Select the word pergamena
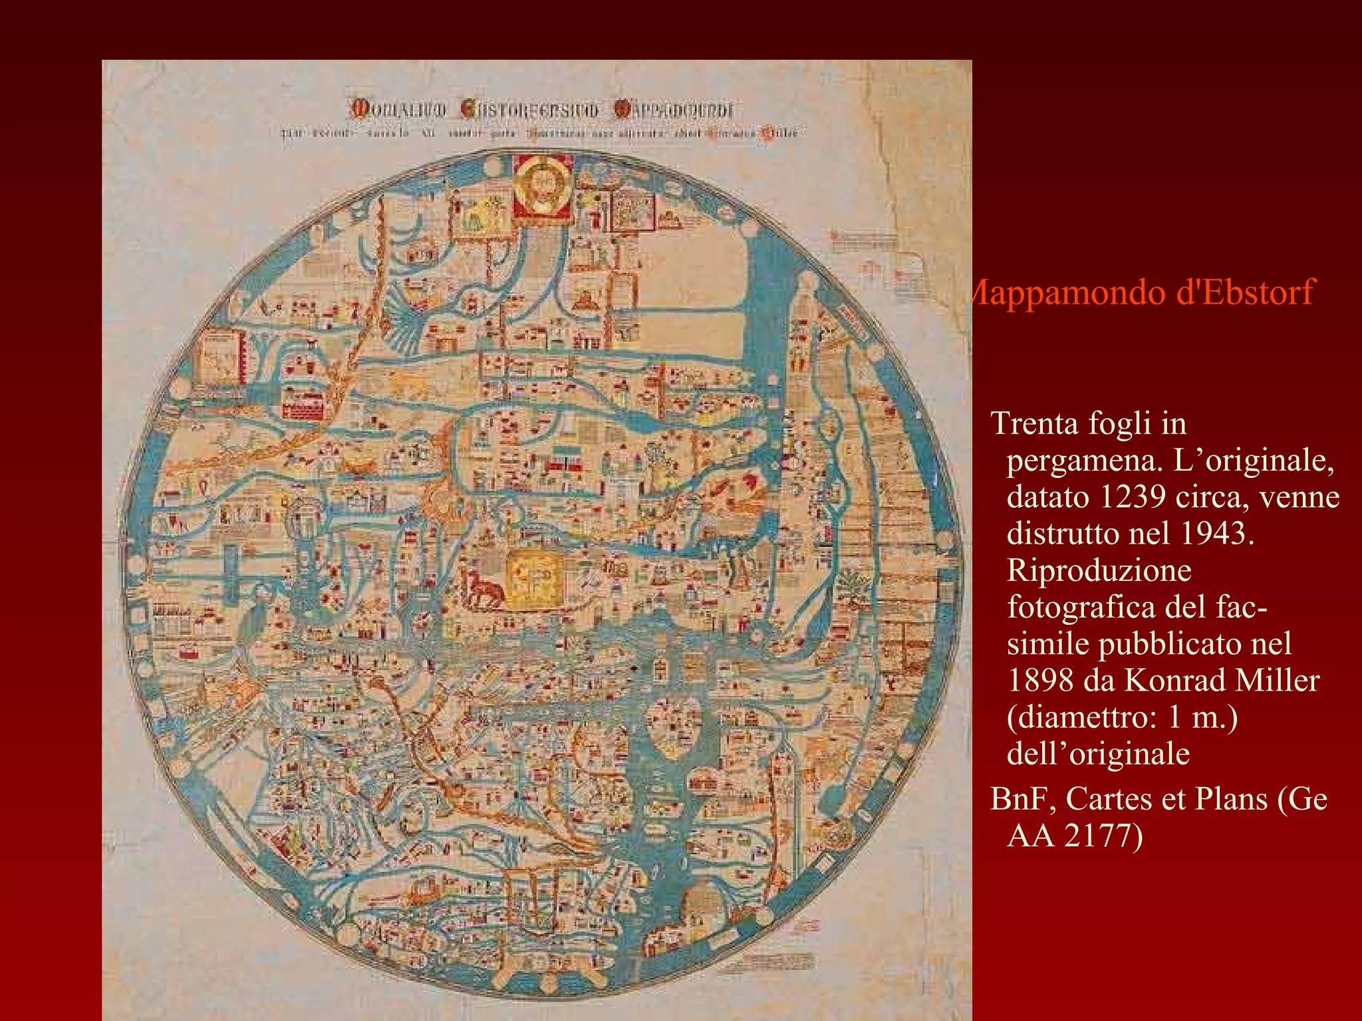1085,461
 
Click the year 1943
1216,534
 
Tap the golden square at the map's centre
534,581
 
